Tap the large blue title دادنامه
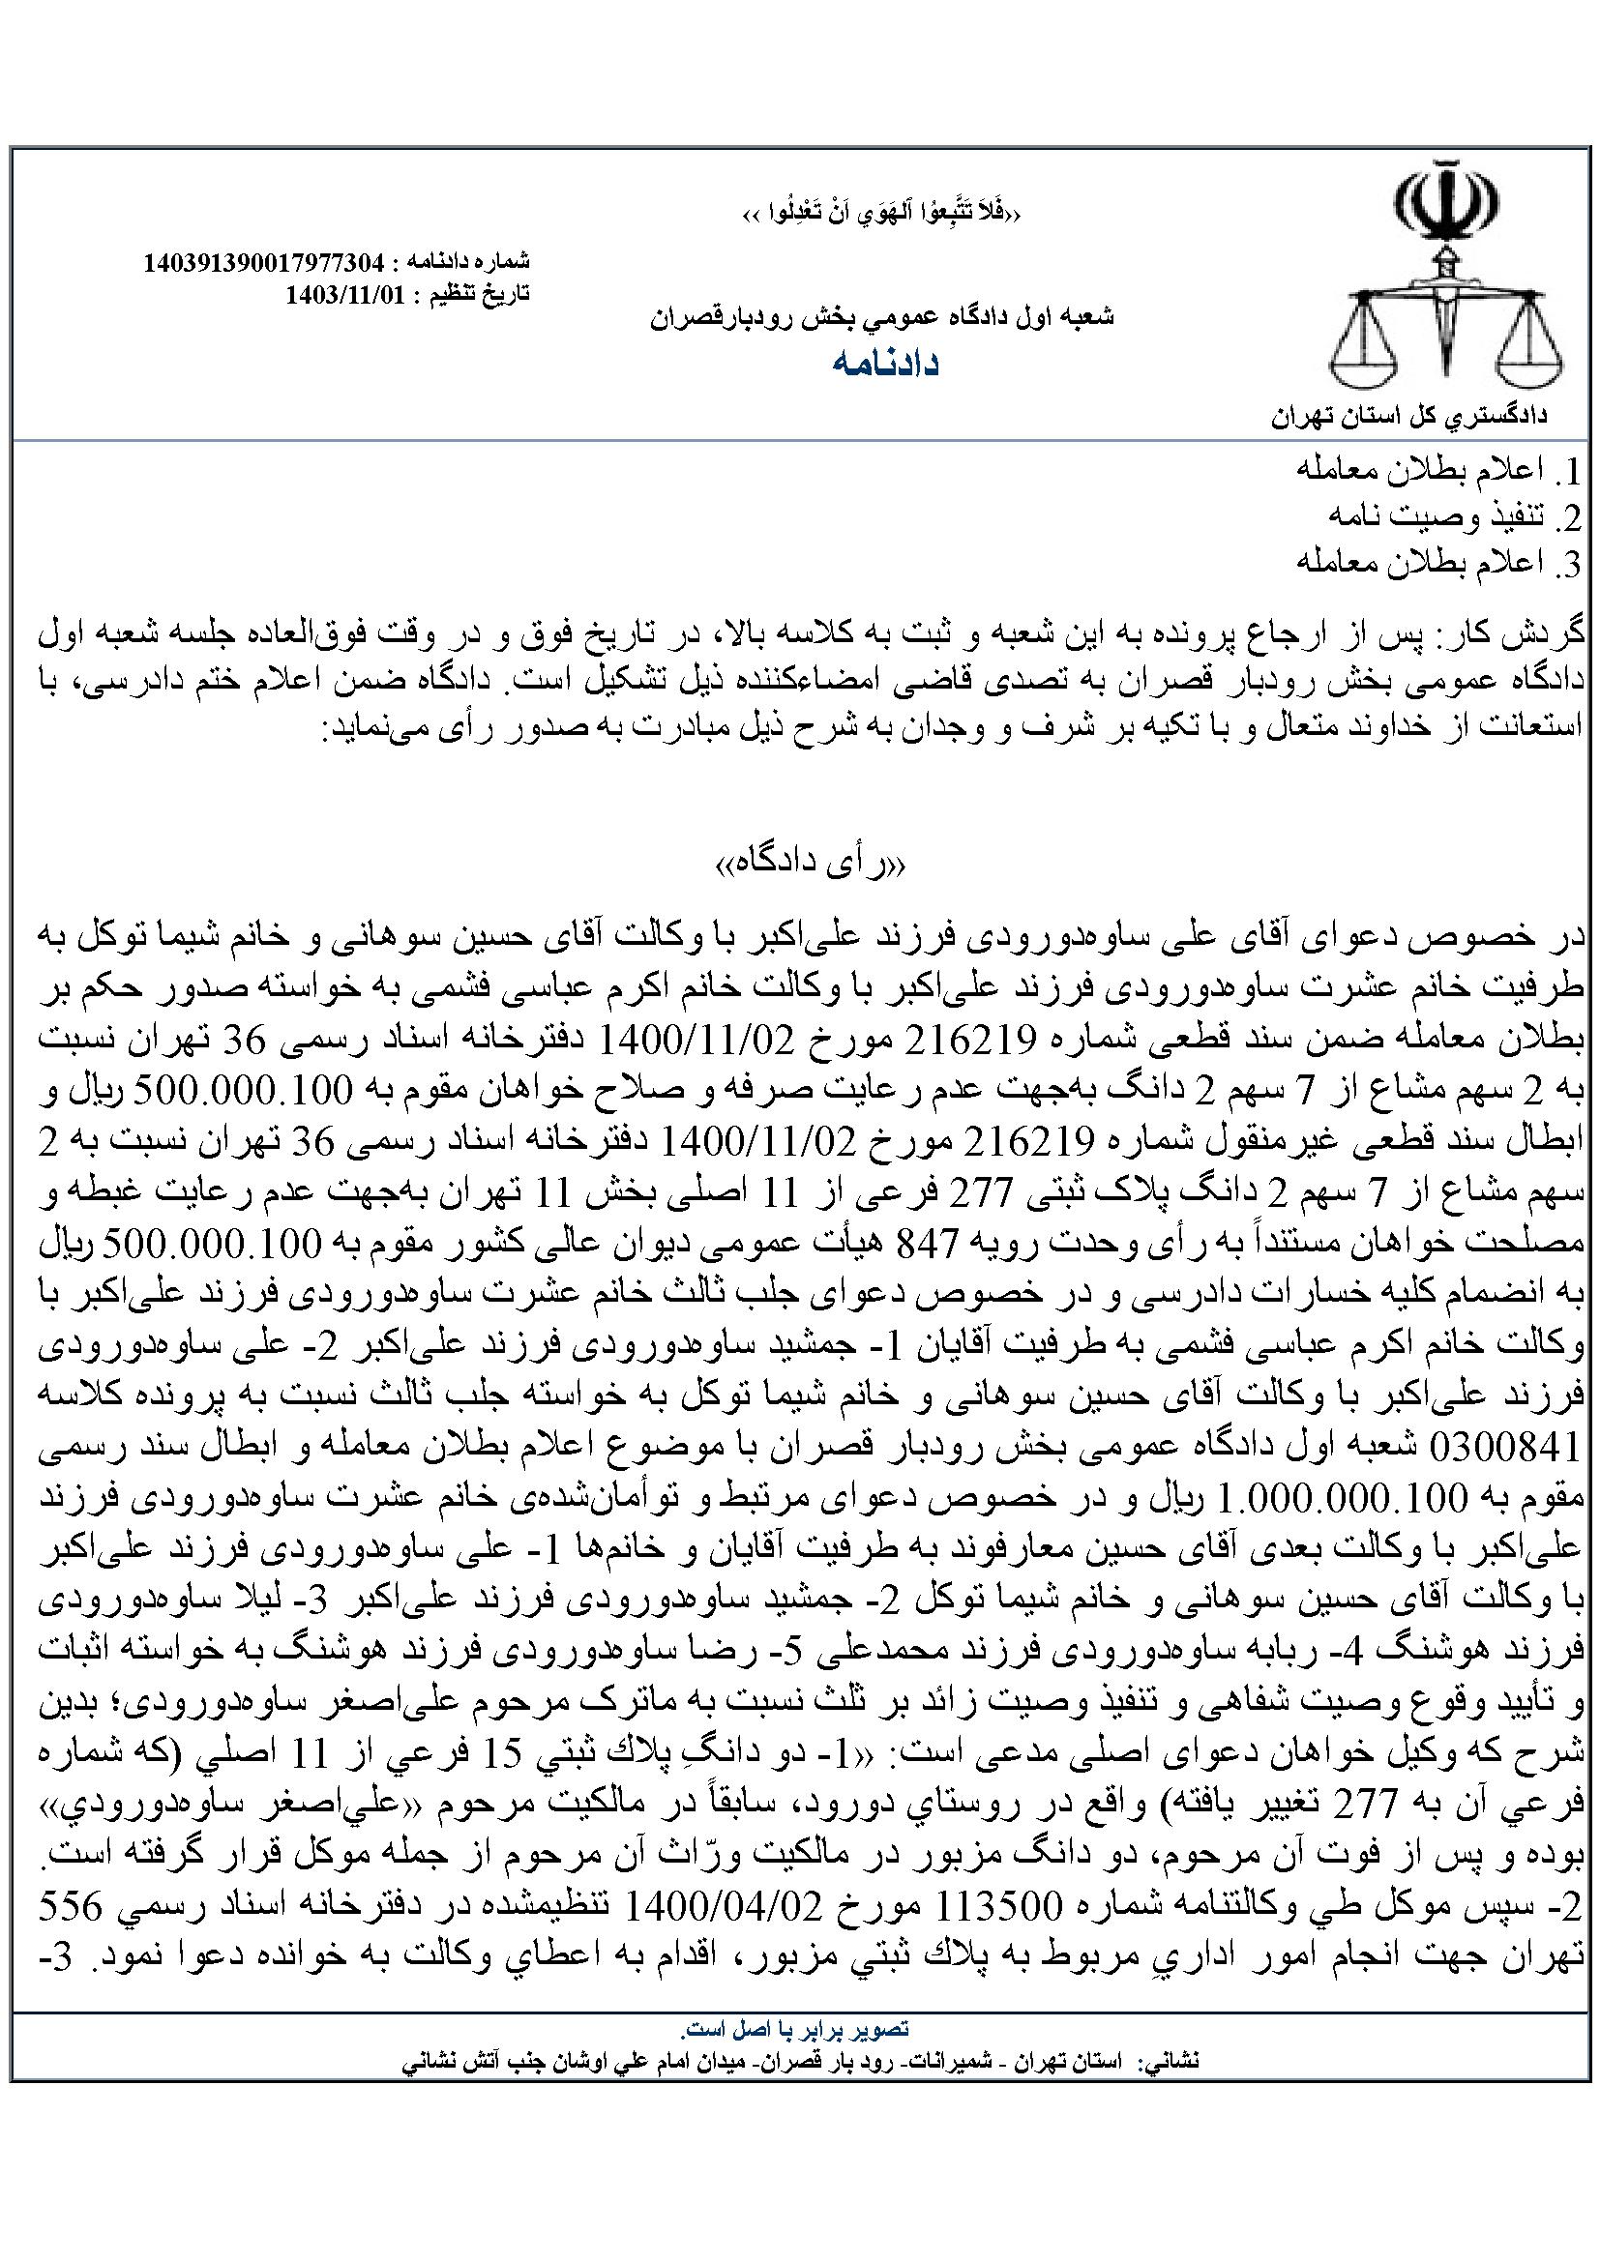[884, 363]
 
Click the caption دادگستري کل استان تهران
[1408, 417]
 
